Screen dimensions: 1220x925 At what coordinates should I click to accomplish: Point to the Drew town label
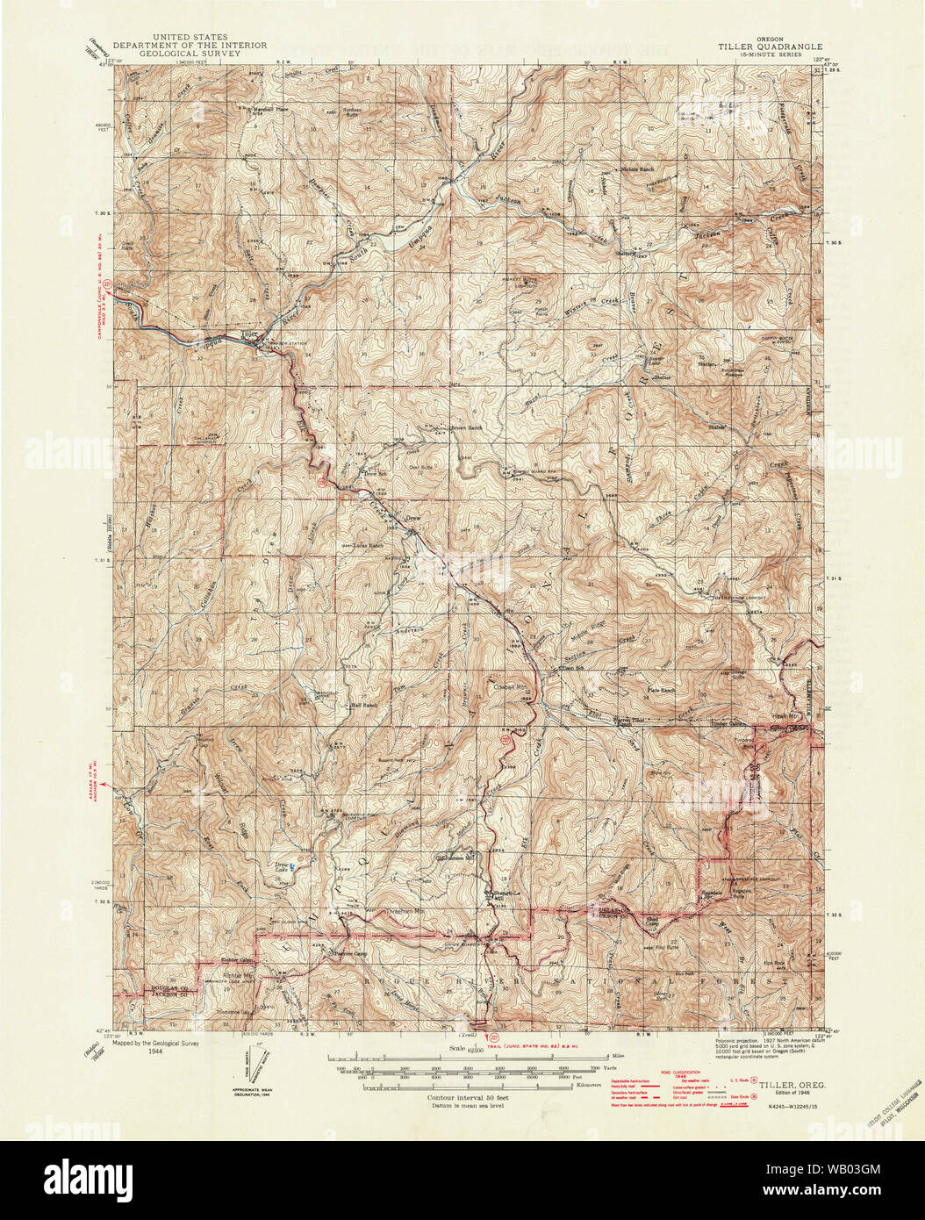click(x=412, y=519)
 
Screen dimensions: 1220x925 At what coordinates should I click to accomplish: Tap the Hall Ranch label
click(x=363, y=705)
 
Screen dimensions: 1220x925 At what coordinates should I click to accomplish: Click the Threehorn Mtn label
click(x=405, y=912)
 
